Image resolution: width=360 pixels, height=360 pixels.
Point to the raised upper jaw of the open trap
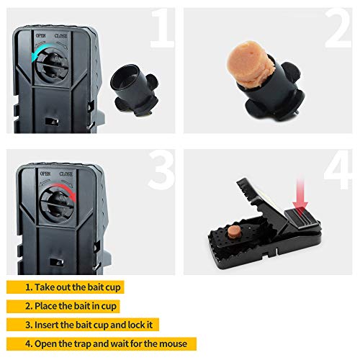pos(259,194)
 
